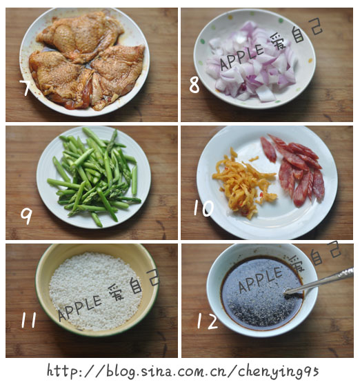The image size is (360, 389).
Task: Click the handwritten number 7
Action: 26,88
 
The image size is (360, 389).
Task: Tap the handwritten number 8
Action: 194,85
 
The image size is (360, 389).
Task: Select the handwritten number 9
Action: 26,216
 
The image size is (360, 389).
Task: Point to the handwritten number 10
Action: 203,208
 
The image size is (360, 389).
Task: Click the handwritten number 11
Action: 28,320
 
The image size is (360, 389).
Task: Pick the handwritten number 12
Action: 208,321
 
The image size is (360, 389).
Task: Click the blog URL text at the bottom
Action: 183,371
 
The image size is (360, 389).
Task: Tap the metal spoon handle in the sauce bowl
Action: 320,281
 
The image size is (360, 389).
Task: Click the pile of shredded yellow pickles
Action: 243,183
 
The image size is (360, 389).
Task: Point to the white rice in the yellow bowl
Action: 96,291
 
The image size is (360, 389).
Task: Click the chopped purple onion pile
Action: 252,62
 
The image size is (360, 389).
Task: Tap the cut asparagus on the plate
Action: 94,177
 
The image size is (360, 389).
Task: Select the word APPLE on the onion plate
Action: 241,57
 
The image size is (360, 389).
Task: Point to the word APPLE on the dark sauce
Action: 261,279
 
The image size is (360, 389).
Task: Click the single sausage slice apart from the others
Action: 268,150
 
